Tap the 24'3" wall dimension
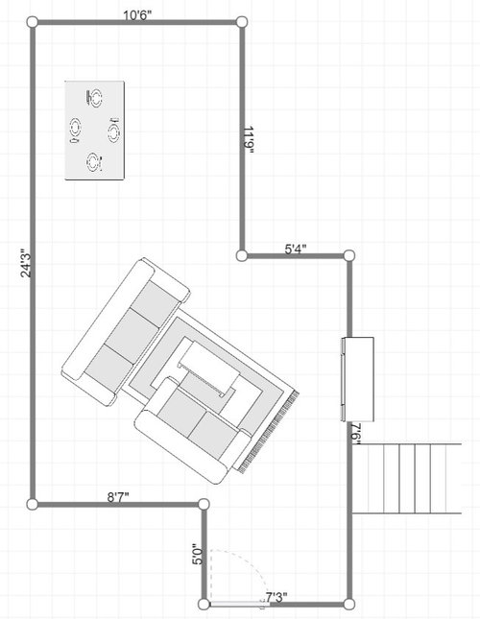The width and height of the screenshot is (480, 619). (27, 264)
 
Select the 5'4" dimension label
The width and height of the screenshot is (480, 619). (296, 250)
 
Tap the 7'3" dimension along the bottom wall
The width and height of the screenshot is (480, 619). (276, 598)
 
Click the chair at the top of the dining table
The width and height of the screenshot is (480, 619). (94, 96)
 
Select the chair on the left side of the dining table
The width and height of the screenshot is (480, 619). (73, 130)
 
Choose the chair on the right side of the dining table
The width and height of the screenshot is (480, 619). (114, 131)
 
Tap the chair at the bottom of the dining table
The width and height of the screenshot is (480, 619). (92, 162)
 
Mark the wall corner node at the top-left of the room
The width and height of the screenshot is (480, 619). (32, 22)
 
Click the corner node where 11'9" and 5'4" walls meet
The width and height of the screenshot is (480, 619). (242, 255)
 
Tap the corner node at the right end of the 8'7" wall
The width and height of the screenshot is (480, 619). (204, 504)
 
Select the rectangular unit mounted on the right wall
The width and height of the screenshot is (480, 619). (354, 379)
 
